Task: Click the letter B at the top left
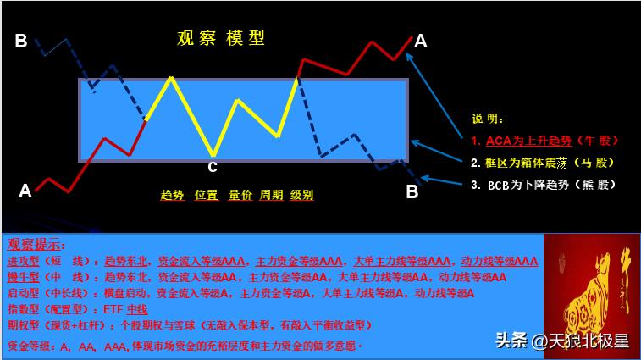coord(21,40)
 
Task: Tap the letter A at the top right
coord(421,40)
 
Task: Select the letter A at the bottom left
coord(25,191)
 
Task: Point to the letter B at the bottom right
coord(412,192)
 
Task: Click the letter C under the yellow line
coord(213,167)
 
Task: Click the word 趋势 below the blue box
coord(172,195)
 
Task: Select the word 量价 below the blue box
coord(240,195)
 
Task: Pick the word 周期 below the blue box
coord(272,195)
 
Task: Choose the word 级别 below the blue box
coord(301,195)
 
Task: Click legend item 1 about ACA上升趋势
coord(545,140)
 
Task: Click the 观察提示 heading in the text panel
coord(36,245)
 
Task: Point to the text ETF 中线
coord(125,309)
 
